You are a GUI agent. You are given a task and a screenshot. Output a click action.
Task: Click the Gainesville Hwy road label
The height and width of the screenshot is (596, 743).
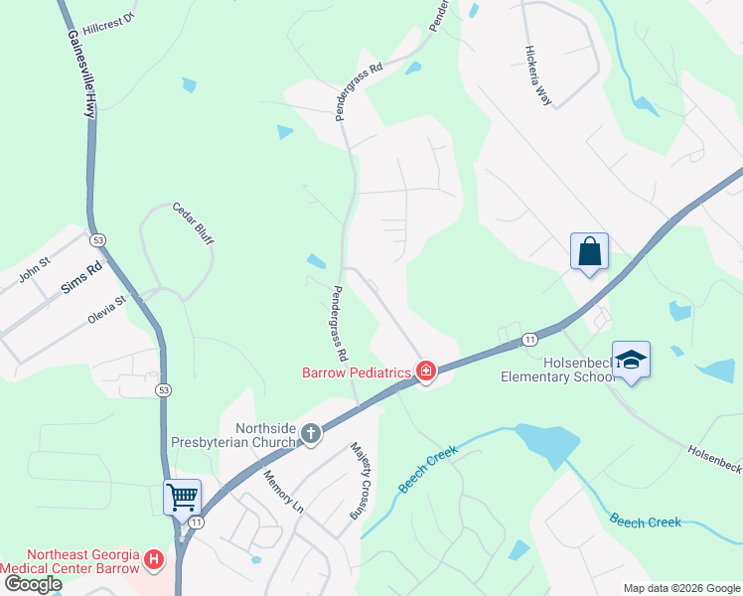[x=81, y=74]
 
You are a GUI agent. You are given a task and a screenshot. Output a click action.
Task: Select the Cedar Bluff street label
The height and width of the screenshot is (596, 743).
[x=194, y=223]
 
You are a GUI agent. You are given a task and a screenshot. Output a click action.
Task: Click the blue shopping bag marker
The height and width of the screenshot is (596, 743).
[x=589, y=252]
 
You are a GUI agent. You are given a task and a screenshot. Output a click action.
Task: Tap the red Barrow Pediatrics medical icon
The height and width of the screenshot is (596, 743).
[x=426, y=372]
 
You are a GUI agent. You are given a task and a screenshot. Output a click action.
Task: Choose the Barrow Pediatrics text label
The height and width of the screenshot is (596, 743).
[x=357, y=372]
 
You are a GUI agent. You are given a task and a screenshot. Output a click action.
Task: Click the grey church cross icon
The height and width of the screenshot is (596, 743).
[x=311, y=433]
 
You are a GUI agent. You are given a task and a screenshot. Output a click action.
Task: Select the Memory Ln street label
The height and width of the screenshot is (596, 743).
[x=282, y=492]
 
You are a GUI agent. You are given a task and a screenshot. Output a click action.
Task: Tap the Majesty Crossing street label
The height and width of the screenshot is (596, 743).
[x=360, y=482]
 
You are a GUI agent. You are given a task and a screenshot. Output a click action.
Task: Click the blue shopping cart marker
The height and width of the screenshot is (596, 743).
[x=183, y=496]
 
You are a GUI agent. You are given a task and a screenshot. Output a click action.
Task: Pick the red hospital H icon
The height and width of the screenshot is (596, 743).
[x=154, y=560]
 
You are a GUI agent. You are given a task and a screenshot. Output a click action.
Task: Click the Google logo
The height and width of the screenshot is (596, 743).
[x=33, y=584]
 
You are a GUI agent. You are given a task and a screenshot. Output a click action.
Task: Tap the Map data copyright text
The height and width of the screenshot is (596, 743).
[x=681, y=588]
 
